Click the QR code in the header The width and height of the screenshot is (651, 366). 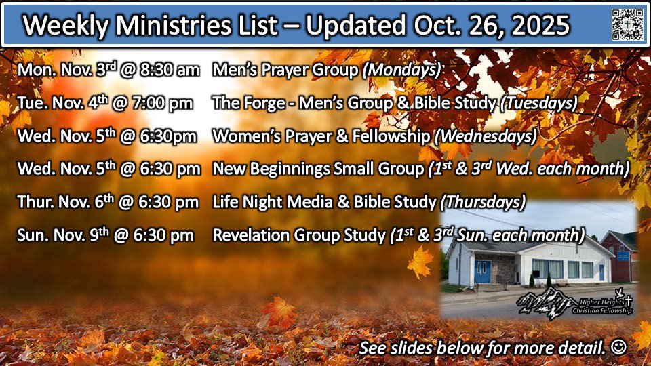tap(627, 24)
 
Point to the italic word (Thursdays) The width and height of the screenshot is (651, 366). tap(483, 202)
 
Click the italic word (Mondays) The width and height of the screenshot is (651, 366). tap(401, 70)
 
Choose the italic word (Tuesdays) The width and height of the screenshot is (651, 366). tap(539, 103)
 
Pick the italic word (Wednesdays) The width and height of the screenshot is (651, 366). tap(486, 136)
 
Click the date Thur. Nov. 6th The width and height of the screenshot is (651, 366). tap(65, 202)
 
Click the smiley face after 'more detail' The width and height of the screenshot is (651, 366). tap(618, 347)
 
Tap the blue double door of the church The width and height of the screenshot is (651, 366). tap(482, 271)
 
